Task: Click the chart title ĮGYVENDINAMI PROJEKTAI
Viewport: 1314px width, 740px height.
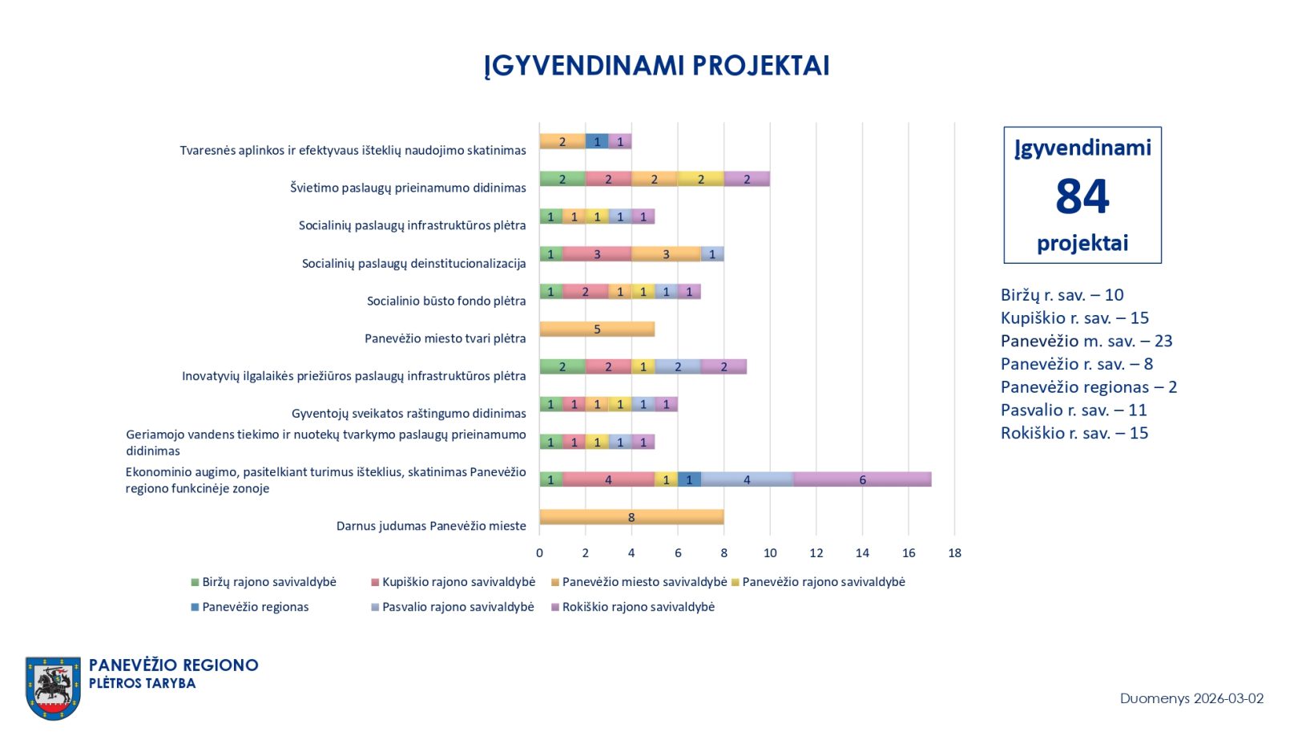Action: click(656, 66)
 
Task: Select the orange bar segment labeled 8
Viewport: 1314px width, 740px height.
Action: click(631, 517)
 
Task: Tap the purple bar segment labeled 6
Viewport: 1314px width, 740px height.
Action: click(862, 479)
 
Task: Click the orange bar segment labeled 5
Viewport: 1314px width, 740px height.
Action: click(597, 329)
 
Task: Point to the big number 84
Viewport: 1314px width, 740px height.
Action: click(1082, 196)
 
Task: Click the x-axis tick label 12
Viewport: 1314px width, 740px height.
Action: click(816, 553)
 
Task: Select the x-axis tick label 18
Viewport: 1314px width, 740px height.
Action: click(954, 553)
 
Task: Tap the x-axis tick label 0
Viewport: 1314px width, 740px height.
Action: click(539, 553)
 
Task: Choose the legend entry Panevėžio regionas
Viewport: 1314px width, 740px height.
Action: click(255, 607)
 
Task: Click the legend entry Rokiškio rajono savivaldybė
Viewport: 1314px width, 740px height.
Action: click(638, 607)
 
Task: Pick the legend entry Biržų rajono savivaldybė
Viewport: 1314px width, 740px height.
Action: click(268, 582)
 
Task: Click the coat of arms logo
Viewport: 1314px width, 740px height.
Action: click(53, 688)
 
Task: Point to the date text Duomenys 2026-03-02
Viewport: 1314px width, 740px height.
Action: click(1191, 698)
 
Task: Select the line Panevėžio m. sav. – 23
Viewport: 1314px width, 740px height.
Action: click(1086, 341)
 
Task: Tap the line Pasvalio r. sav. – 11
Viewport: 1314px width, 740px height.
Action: click(1074, 410)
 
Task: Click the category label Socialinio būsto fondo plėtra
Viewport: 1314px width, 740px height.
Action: click(446, 301)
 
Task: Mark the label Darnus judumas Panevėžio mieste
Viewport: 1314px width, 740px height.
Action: click(431, 526)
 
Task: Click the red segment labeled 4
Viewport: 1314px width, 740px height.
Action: click(608, 479)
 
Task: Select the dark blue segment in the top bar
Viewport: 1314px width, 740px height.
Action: click(597, 141)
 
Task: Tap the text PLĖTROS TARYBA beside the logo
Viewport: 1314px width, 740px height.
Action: click(142, 683)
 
